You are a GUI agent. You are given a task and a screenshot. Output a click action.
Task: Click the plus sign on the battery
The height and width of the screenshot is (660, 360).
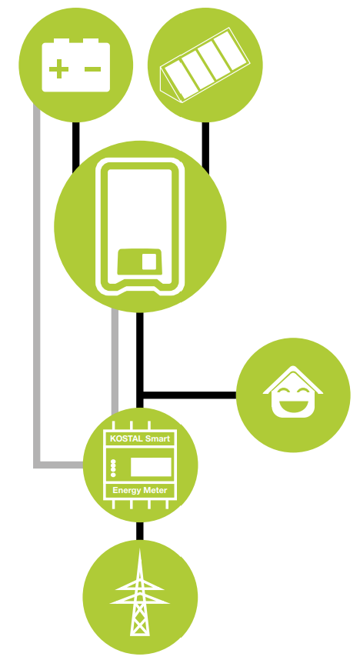pyautogui.click(x=59, y=69)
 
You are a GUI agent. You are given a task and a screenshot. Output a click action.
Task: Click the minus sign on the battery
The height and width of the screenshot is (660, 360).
pyautogui.click(x=92, y=69)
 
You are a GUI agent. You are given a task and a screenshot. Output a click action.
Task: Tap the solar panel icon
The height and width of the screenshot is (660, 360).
pyautogui.click(x=205, y=65)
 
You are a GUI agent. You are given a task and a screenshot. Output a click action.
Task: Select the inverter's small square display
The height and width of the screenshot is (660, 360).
pyautogui.click(x=149, y=262)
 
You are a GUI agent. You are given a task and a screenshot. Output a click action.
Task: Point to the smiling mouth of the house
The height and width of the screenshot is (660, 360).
pyautogui.click(x=293, y=406)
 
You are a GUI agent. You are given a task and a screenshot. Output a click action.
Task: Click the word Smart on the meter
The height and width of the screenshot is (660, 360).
pyautogui.click(x=158, y=438)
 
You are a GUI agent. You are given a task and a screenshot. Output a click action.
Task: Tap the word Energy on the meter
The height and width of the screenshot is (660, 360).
pyautogui.click(x=126, y=491)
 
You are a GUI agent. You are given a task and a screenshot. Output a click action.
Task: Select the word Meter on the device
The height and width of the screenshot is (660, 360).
pyautogui.click(x=155, y=490)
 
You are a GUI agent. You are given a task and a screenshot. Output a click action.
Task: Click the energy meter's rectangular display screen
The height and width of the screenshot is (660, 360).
pyautogui.click(x=152, y=467)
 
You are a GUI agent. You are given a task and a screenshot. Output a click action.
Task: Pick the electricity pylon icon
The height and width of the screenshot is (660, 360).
pyautogui.click(x=140, y=592)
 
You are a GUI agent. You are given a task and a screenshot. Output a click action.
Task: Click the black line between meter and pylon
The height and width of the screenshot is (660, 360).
pyautogui.click(x=140, y=531)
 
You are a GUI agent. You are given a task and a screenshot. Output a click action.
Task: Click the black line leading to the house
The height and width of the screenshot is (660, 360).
pyautogui.click(x=189, y=395)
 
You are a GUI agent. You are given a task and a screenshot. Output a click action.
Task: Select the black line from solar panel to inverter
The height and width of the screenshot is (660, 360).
pyautogui.click(x=205, y=148)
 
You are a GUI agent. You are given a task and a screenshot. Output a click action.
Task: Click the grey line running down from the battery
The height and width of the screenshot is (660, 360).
pyautogui.click(x=37, y=286)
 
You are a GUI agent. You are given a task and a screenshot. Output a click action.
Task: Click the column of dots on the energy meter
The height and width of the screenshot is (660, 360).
pyautogui.click(x=113, y=468)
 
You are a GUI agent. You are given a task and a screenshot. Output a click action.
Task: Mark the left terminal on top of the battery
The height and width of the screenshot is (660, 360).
pyautogui.click(x=62, y=41)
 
